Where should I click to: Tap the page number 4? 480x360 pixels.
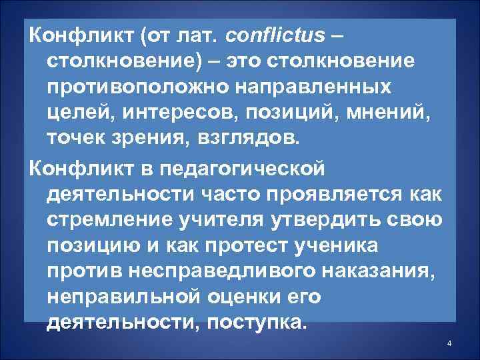(449, 343)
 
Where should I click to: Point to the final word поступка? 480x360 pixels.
(259, 323)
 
